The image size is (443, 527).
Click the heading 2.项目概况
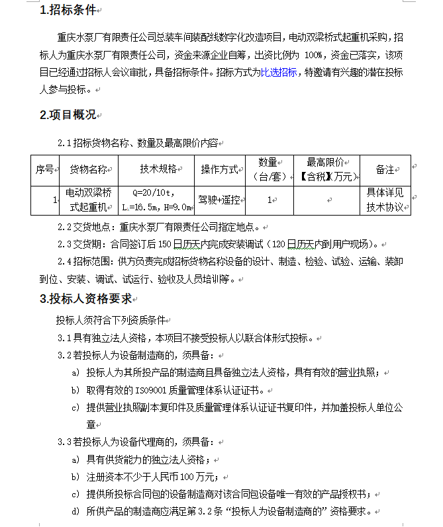(x=68, y=115)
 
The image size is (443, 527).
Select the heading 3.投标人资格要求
(x=86, y=298)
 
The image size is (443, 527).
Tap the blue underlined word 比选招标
(x=279, y=73)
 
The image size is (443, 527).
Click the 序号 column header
(x=45, y=169)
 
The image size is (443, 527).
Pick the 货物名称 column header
(x=89, y=169)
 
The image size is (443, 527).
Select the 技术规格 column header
(x=158, y=169)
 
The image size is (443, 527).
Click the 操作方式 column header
(x=219, y=169)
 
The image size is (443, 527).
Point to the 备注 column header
(x=385, y=169)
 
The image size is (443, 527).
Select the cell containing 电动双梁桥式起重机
(x=89, y=200)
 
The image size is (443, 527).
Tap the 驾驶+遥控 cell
(x=219, y=200)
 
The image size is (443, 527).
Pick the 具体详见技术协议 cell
(x=385, y=200)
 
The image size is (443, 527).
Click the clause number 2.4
(x=64, y=261)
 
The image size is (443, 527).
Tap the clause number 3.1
(x=64, y=338)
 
